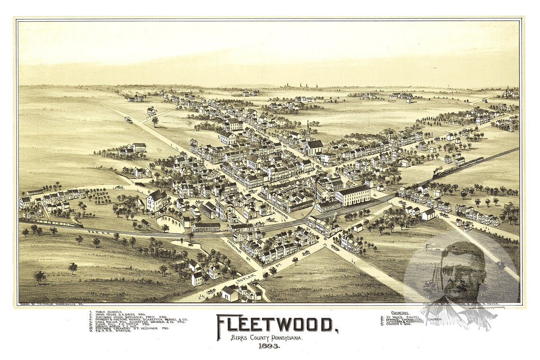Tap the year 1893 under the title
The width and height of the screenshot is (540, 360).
(x=269, y=346)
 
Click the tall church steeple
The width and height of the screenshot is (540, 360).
(x=308, y=130)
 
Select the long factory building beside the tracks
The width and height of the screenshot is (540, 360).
(x=353, y=195)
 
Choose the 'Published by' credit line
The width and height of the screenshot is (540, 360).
(x=467, y=304)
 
